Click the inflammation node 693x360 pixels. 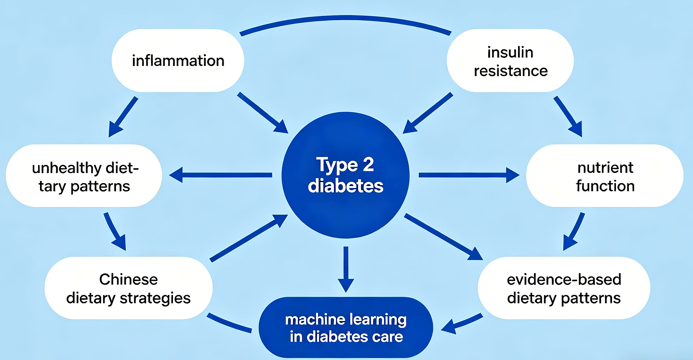[178, 61]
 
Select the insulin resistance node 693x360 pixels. [510, 61]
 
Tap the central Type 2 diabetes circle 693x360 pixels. [346, 175]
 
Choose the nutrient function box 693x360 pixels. [604, 177]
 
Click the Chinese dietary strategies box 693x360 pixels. [128, 288]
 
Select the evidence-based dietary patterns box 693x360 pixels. [563, 288]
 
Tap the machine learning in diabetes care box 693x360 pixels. [346, 328]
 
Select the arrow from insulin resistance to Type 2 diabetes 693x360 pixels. [428, 112]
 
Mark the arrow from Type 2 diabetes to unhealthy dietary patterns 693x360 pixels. [222, 175]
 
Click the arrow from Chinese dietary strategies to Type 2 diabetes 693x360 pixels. [249, 239]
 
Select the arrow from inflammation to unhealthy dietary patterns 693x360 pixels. [123, 116]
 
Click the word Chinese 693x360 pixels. [128, 280]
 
